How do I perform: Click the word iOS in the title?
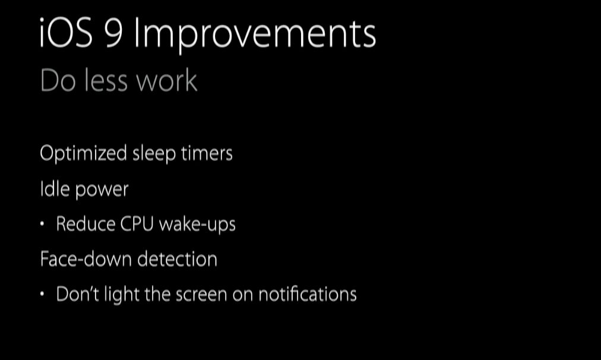(66, 33)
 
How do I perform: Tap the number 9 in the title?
(114, 33)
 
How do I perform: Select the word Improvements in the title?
(255, 35)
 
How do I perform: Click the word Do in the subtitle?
(58, 81)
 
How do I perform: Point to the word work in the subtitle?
(167, 80)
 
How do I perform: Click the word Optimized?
(83, 154)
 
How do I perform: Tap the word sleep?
(154, 154)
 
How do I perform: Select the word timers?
(207, 153)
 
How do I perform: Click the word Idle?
(55, 189)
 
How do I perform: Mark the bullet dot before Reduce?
(42, 224)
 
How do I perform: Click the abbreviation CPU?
(137, 224)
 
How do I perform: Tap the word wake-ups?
(197, 225)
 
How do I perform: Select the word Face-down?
(86, 259)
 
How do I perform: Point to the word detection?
(178, 259)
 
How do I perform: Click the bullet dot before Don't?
(42, 294)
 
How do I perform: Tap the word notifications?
(308, 295)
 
